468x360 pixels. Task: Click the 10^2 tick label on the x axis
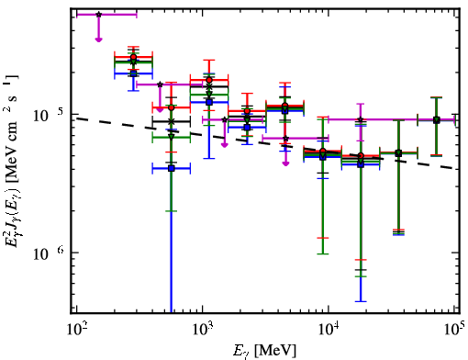pos(77,330)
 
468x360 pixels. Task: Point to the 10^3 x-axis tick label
pos(203,330)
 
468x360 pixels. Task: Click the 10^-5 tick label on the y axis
pos(49,116)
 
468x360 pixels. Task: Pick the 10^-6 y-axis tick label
pos(49,253)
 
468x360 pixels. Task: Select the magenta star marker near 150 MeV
pos(98,15)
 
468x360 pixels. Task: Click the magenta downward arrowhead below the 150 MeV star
pos(98,39)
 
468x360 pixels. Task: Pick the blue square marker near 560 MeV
pos(172,168)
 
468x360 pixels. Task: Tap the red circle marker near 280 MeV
pos(133,57)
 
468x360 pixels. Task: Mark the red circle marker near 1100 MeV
pos(209,80)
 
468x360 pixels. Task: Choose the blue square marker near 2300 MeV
pos(247,128)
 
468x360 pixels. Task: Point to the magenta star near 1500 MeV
pos(225,119)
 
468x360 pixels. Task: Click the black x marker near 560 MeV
pos(172,121)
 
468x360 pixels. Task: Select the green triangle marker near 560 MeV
pos(172,137)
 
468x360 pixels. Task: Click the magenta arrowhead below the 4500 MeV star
pos(285,163)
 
